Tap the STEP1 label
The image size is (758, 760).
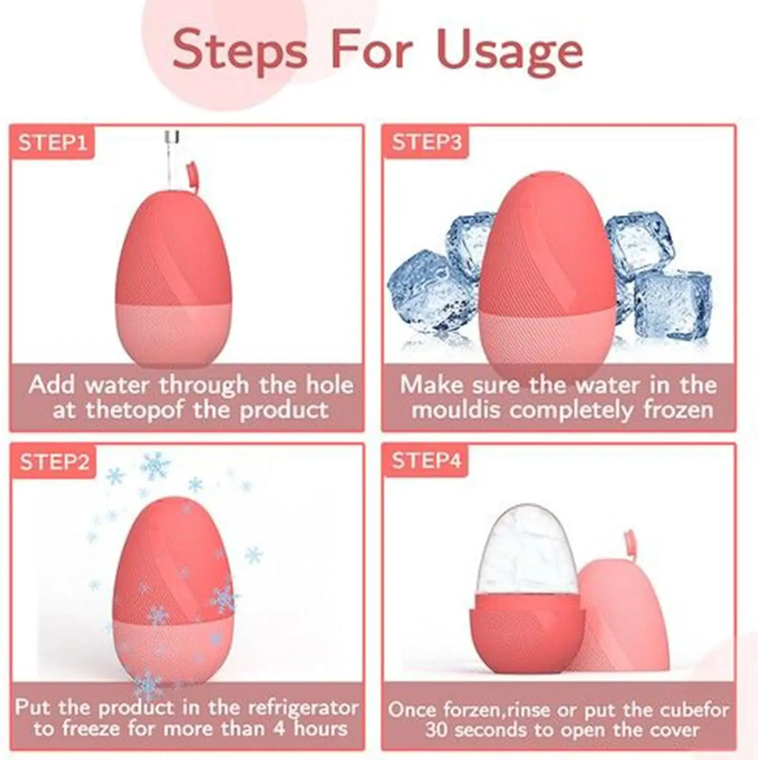pyautogui.click(x=52, y=142)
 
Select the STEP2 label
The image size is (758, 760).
pyautogui.click(x=54, y=462)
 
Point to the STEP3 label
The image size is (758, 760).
pyautogui.click(x=426, y=142)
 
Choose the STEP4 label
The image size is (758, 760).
pyautogui.click(x=426, y=461)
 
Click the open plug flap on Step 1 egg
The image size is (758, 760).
pyautogui.click(x=192, y=175)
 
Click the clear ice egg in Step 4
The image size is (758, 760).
pyautogui.click(x=527, y=550)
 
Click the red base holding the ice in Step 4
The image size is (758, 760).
pyautogui.click(x=527, y=633)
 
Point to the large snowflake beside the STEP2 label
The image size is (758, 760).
pyautogui.click(x=156, y=465)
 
